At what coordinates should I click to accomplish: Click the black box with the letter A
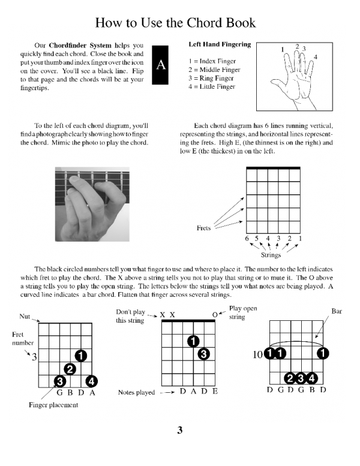pos(160,64)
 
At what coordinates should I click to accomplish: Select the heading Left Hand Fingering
pos(220,44)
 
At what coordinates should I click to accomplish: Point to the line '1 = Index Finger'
pos(212,61)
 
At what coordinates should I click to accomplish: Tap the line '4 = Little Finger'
pos(212,86)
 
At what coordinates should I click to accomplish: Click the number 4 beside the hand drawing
pos(316,56)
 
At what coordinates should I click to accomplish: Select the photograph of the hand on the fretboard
pos(92,204)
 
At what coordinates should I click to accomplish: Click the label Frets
pos(204,229)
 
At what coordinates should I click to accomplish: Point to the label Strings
pos(271,254)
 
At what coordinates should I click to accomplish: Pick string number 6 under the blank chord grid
pos(247,239)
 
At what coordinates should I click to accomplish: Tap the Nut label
pos(25,315)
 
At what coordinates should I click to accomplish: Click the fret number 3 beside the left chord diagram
pos(35,356)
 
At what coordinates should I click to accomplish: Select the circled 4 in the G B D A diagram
pos(91,381)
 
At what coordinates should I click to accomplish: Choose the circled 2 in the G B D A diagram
pos(70,369)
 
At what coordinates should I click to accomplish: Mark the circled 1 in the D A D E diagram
pos(193,341)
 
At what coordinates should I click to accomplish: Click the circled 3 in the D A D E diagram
pos(204,354)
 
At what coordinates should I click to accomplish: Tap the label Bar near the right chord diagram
pos(337,311)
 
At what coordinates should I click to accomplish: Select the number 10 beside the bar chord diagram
pos(257,354)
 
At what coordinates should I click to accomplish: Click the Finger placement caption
pos(53,405)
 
